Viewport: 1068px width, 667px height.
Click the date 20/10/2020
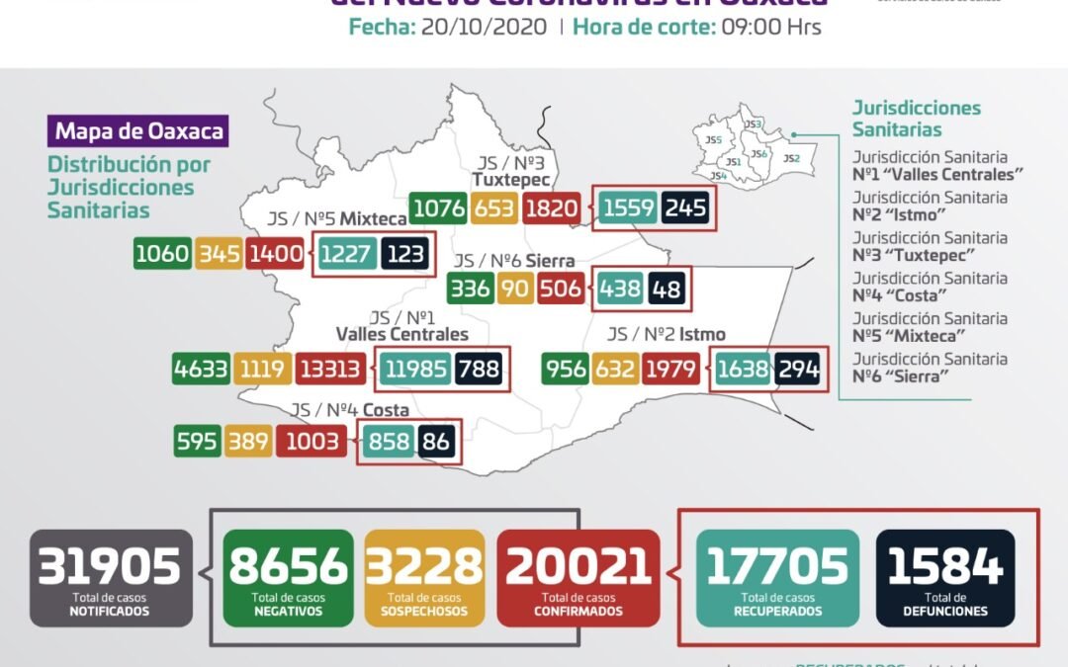point(484,28)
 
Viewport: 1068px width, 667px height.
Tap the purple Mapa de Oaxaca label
point(138,131)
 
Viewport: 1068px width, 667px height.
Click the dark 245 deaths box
point(685,208)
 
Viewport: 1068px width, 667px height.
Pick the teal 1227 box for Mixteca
point(347,255)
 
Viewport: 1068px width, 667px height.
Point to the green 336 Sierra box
point(469,290)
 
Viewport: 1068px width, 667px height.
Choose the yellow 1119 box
point(261,370)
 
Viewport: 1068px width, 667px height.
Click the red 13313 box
point(333,370)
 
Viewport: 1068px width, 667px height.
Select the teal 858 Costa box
point(388,442)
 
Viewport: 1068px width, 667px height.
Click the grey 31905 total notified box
point(109,578)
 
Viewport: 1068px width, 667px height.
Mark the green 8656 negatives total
point(288,578)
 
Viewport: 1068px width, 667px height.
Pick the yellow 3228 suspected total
point(424,578)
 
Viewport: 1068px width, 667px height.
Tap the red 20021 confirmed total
point(578,578)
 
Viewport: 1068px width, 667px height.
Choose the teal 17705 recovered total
point(777,578)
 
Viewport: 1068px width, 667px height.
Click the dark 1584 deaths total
point(945,578)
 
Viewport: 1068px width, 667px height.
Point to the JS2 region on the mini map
point(791,158)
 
